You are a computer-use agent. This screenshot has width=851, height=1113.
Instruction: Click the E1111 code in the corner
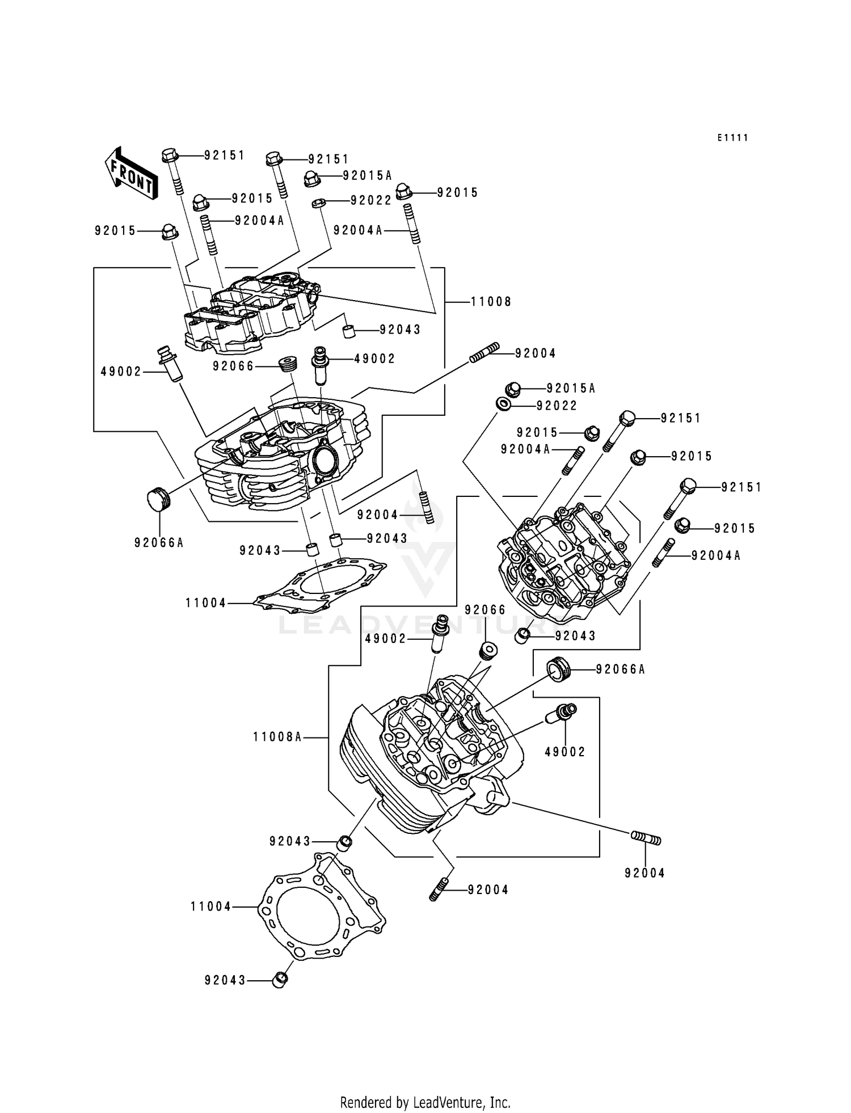click(x=732, y=138)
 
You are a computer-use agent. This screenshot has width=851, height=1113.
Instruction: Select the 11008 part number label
click(x=491, y=302)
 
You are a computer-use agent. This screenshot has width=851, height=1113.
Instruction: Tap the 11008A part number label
click(x=277, y=737)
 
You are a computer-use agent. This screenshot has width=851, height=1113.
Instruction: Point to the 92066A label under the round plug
click(x=159, y=543)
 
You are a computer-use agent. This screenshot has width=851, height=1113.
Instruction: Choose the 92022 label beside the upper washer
click(x=371, y=201)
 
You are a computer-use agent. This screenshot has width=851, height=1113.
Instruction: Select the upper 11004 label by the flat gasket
click(x=206, y=603)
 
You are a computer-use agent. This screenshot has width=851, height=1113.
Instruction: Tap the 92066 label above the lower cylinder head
click(x=485, y=610)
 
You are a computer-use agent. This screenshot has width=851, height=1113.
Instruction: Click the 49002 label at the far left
click(x=121, y=372)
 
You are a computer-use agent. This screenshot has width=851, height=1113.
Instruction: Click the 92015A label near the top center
click(x=367, y=176)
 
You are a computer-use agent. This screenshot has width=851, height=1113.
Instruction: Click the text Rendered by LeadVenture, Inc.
click(x=425, y=1102)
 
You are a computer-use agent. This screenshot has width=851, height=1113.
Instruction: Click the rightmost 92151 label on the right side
click(x=742, y=487)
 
